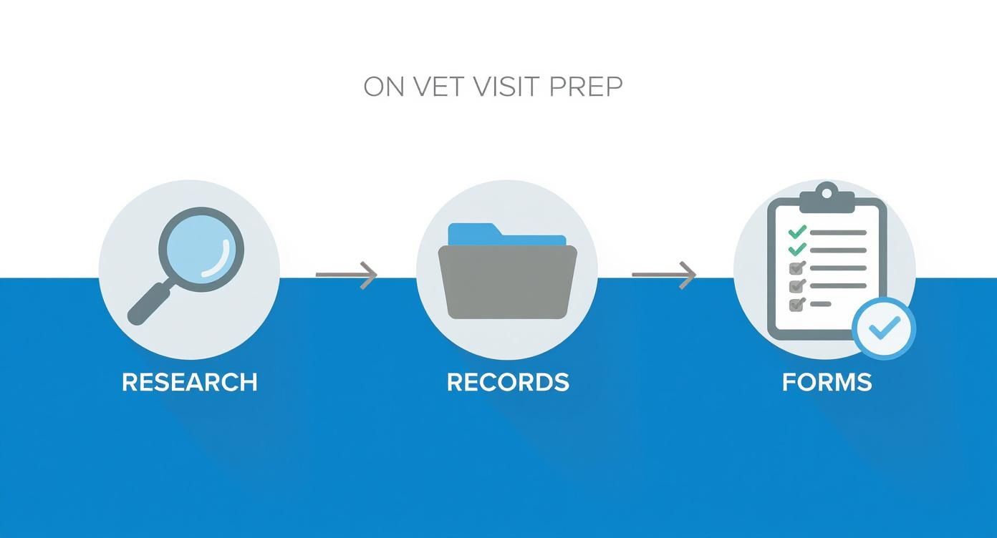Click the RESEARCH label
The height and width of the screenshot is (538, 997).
[189, 382]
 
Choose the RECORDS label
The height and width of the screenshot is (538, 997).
[508, 382]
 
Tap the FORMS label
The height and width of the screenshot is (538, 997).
[827, 382]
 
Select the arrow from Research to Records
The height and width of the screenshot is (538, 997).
[347, 275]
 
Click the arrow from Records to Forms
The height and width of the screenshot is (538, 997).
[664, 275]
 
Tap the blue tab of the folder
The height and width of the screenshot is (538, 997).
[473, 234]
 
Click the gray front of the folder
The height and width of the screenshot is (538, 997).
[507, 283]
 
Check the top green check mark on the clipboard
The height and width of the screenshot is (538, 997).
[797, 232]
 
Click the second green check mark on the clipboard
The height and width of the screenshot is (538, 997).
[797, 250]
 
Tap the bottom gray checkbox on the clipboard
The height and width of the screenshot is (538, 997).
[796, 304]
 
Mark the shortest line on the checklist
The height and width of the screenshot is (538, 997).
[821, 304]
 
